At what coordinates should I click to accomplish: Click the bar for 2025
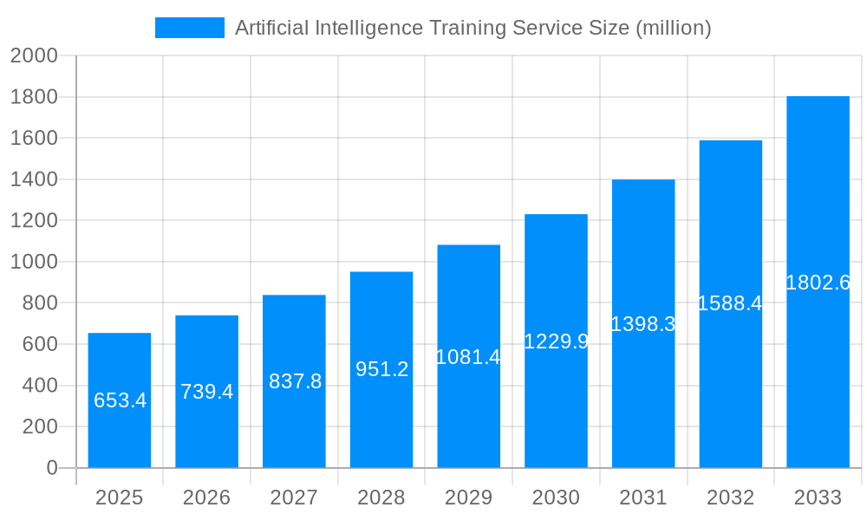tap(120, 400)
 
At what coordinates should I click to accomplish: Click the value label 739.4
tap(206, 392)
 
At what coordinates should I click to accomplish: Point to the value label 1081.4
tap(468, 357)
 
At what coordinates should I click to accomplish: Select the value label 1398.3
tap(643, 324)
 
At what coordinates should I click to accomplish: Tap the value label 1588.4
tap(730, 303)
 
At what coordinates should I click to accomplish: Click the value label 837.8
tap(295, 381)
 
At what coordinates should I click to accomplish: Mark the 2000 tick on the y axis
tap(34, 56)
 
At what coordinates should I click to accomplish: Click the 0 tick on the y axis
tap(52, 468)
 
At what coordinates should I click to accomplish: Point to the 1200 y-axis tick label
tap(34, 221)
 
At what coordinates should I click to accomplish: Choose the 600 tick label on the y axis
tap(40, 344)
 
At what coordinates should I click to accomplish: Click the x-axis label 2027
tap(294, 497)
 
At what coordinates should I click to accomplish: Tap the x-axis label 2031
tap(643, 497)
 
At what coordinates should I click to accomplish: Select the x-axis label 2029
tap(468, 497)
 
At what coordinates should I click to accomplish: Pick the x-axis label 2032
tap(730, 497)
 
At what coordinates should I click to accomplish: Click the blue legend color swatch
tap(189, 28)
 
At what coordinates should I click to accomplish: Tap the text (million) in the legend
tap(674, 28)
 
